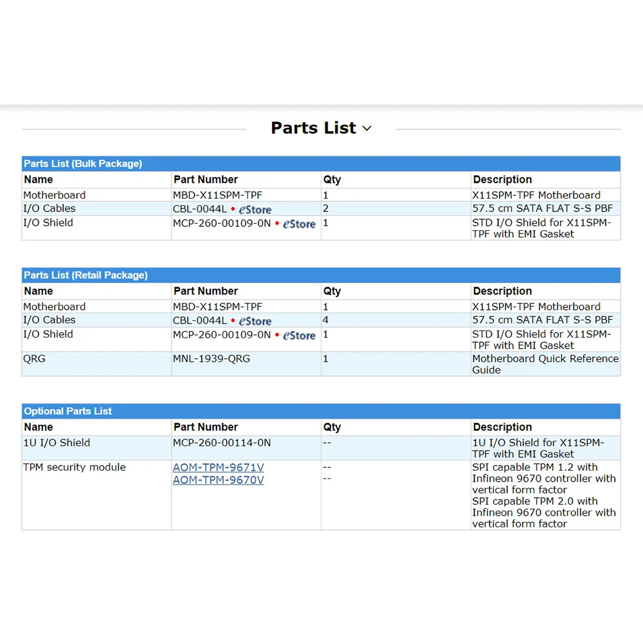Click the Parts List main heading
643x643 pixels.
(313, 128)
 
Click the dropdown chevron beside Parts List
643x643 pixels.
(367, 129)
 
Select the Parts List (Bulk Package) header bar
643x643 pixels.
(83, 164)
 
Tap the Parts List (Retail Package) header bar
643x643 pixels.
(86, 275)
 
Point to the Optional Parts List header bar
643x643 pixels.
(68, 412)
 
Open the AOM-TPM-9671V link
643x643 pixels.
(218, 467)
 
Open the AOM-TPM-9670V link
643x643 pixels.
(218, 480)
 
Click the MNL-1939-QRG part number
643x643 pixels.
(212, 359)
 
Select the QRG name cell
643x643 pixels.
(35, 359)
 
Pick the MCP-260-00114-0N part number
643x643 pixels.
(222, 443)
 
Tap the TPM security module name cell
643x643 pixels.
(75, 467)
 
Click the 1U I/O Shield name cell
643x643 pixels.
(57, 443)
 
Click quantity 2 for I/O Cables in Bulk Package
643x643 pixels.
(326, 209)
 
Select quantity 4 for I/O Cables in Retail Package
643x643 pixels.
(326, 320)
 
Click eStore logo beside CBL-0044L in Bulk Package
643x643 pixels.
(255, 210)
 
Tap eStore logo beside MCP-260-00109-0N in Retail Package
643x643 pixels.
(300, 336)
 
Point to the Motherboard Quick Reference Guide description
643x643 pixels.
(545, 364)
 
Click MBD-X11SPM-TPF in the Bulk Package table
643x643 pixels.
(218, 195)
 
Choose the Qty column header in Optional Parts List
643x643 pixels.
(332, 427)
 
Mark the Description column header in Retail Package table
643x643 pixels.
(503, 291)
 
